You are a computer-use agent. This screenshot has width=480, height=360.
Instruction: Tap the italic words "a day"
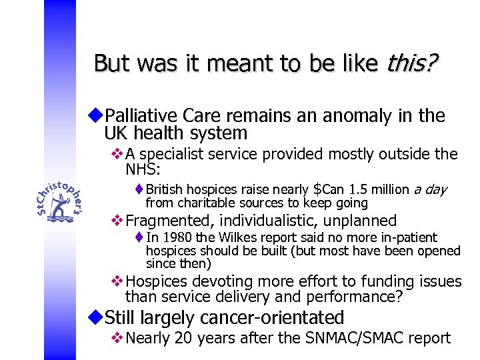click(430, 190)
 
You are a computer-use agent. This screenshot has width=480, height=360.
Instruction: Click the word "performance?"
click(360, 296)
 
